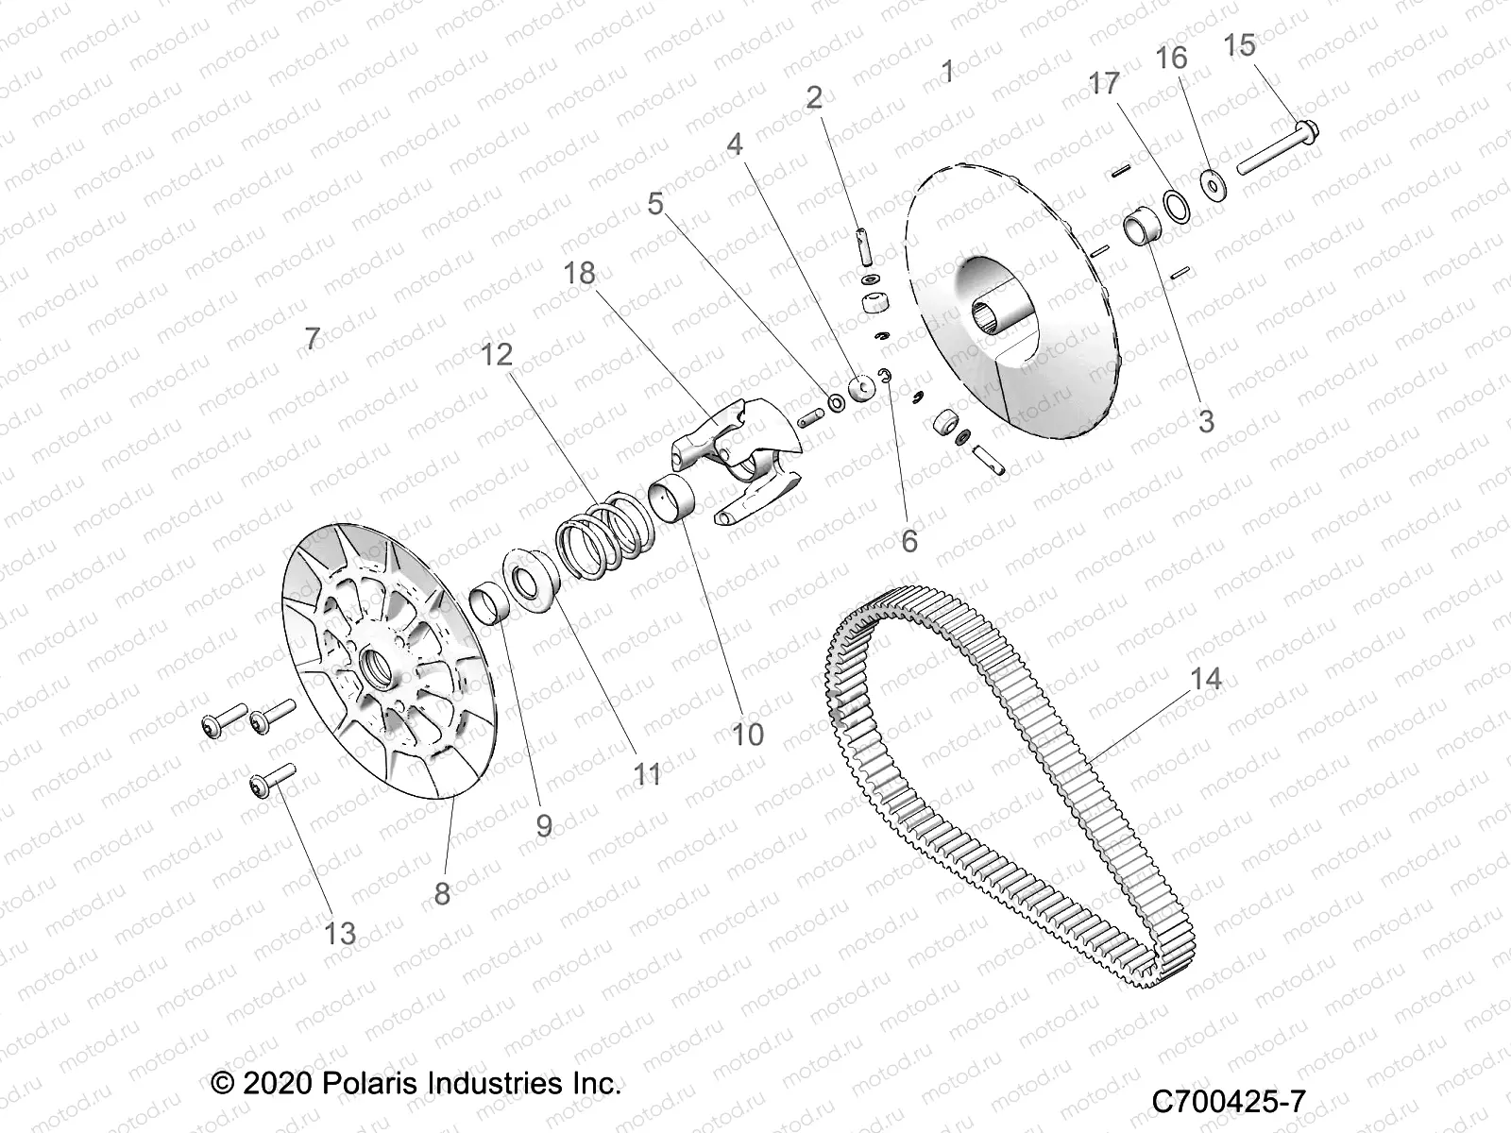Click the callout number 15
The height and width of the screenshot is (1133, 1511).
(1240, 44)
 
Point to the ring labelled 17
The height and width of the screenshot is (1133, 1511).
(1176, 205)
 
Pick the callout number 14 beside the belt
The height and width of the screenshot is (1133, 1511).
(1206, 678)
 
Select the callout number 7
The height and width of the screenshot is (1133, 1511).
(314, 337)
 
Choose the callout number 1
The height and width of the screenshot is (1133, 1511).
(948, 70)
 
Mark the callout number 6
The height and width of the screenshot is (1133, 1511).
(908, 540)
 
